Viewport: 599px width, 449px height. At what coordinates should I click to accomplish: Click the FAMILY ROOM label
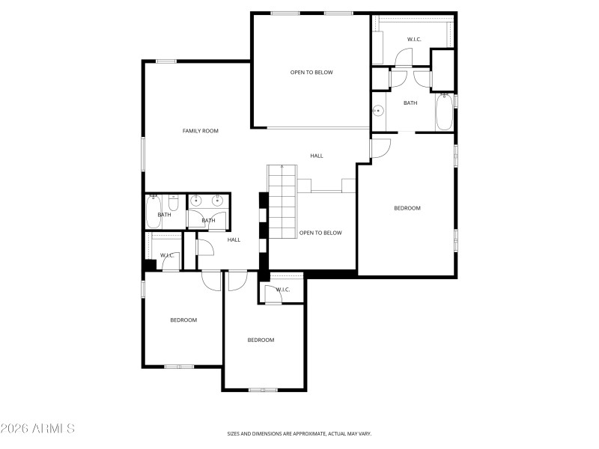[x=200, y=131]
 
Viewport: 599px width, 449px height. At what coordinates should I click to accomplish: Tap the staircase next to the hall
[x=283, y=202]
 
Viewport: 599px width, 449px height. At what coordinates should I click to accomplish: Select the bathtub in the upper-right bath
[x=444, y=112]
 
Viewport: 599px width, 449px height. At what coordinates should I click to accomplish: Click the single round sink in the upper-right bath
[x=379, y=112]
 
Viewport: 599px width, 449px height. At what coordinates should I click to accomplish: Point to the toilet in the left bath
[x=173, y=202]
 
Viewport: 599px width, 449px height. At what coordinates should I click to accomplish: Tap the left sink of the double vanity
[x=197, y=201]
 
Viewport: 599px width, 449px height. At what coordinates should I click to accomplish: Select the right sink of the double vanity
[x=218, y=201]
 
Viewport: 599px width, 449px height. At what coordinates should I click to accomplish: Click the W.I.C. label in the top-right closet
[x=414, y=39]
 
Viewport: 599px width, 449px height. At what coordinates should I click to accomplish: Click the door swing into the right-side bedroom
[x=380, y=148]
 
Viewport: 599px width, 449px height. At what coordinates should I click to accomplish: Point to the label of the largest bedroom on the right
[x=407, y=208]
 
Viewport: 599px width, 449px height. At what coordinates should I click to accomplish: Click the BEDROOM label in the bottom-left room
[x=183, y=320]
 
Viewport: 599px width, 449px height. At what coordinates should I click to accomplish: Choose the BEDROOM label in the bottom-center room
[x=261, y=340]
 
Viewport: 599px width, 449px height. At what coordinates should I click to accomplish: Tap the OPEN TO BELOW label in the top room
[x=311, y=73]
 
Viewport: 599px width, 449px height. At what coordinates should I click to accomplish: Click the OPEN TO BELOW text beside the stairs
[x=320, y=233]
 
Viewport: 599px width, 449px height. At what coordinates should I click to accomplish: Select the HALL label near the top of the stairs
[x=317, y=156]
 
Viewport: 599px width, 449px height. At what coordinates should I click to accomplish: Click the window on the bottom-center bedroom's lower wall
[x=263, y=389]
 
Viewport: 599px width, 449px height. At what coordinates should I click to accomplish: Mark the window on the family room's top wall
[x=166, y=61]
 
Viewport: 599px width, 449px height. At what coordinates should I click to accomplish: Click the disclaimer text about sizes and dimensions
[x=299, y=433]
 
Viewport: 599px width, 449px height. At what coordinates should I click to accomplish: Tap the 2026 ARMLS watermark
[x=37, y=429]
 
